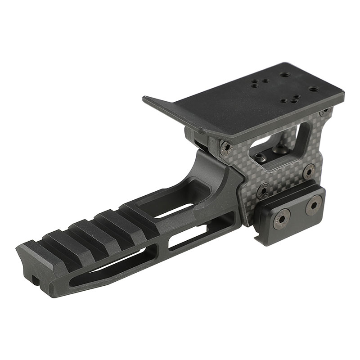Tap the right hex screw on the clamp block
coord(313,205)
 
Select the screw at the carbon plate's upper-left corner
coord(225,148)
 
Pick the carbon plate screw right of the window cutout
coord(309,171)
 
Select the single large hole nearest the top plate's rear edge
coord(284,76)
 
